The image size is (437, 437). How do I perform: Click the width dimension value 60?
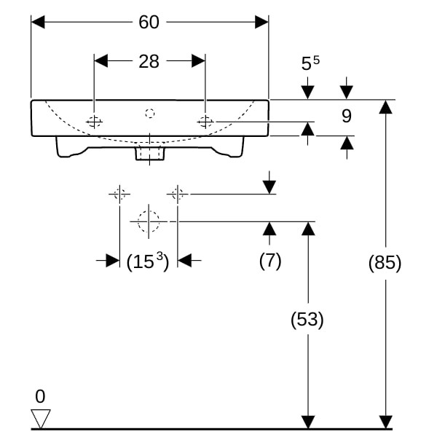pos(149,23)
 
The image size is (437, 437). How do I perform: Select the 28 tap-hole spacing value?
pos(149,61)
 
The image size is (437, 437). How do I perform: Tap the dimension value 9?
pos(346,115)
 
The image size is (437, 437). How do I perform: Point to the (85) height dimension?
pos(385,263)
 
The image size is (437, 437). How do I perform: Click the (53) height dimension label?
pos(307,319)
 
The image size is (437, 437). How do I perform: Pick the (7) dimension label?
pos(270,261)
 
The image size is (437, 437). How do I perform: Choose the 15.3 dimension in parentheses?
pos(149,261)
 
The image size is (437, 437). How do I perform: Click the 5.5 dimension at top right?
pos(310,64)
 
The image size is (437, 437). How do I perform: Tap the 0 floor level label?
pos(40,396)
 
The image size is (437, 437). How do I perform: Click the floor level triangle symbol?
pos(41,419)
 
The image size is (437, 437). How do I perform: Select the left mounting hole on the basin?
pos(95,122)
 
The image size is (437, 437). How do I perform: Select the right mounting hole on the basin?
pos(205,122)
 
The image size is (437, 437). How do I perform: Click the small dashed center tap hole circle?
pos(150,113)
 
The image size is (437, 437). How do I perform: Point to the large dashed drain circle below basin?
pos(149,221)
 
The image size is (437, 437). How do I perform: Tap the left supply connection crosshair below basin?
pos(119,194)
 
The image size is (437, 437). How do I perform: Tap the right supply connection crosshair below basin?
pos(177,194)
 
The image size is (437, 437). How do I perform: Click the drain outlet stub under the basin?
pos(150,154)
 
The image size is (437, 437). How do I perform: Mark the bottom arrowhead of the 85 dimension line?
pos(385,422)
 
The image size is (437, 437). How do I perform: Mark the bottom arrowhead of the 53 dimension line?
pos(308,422)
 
